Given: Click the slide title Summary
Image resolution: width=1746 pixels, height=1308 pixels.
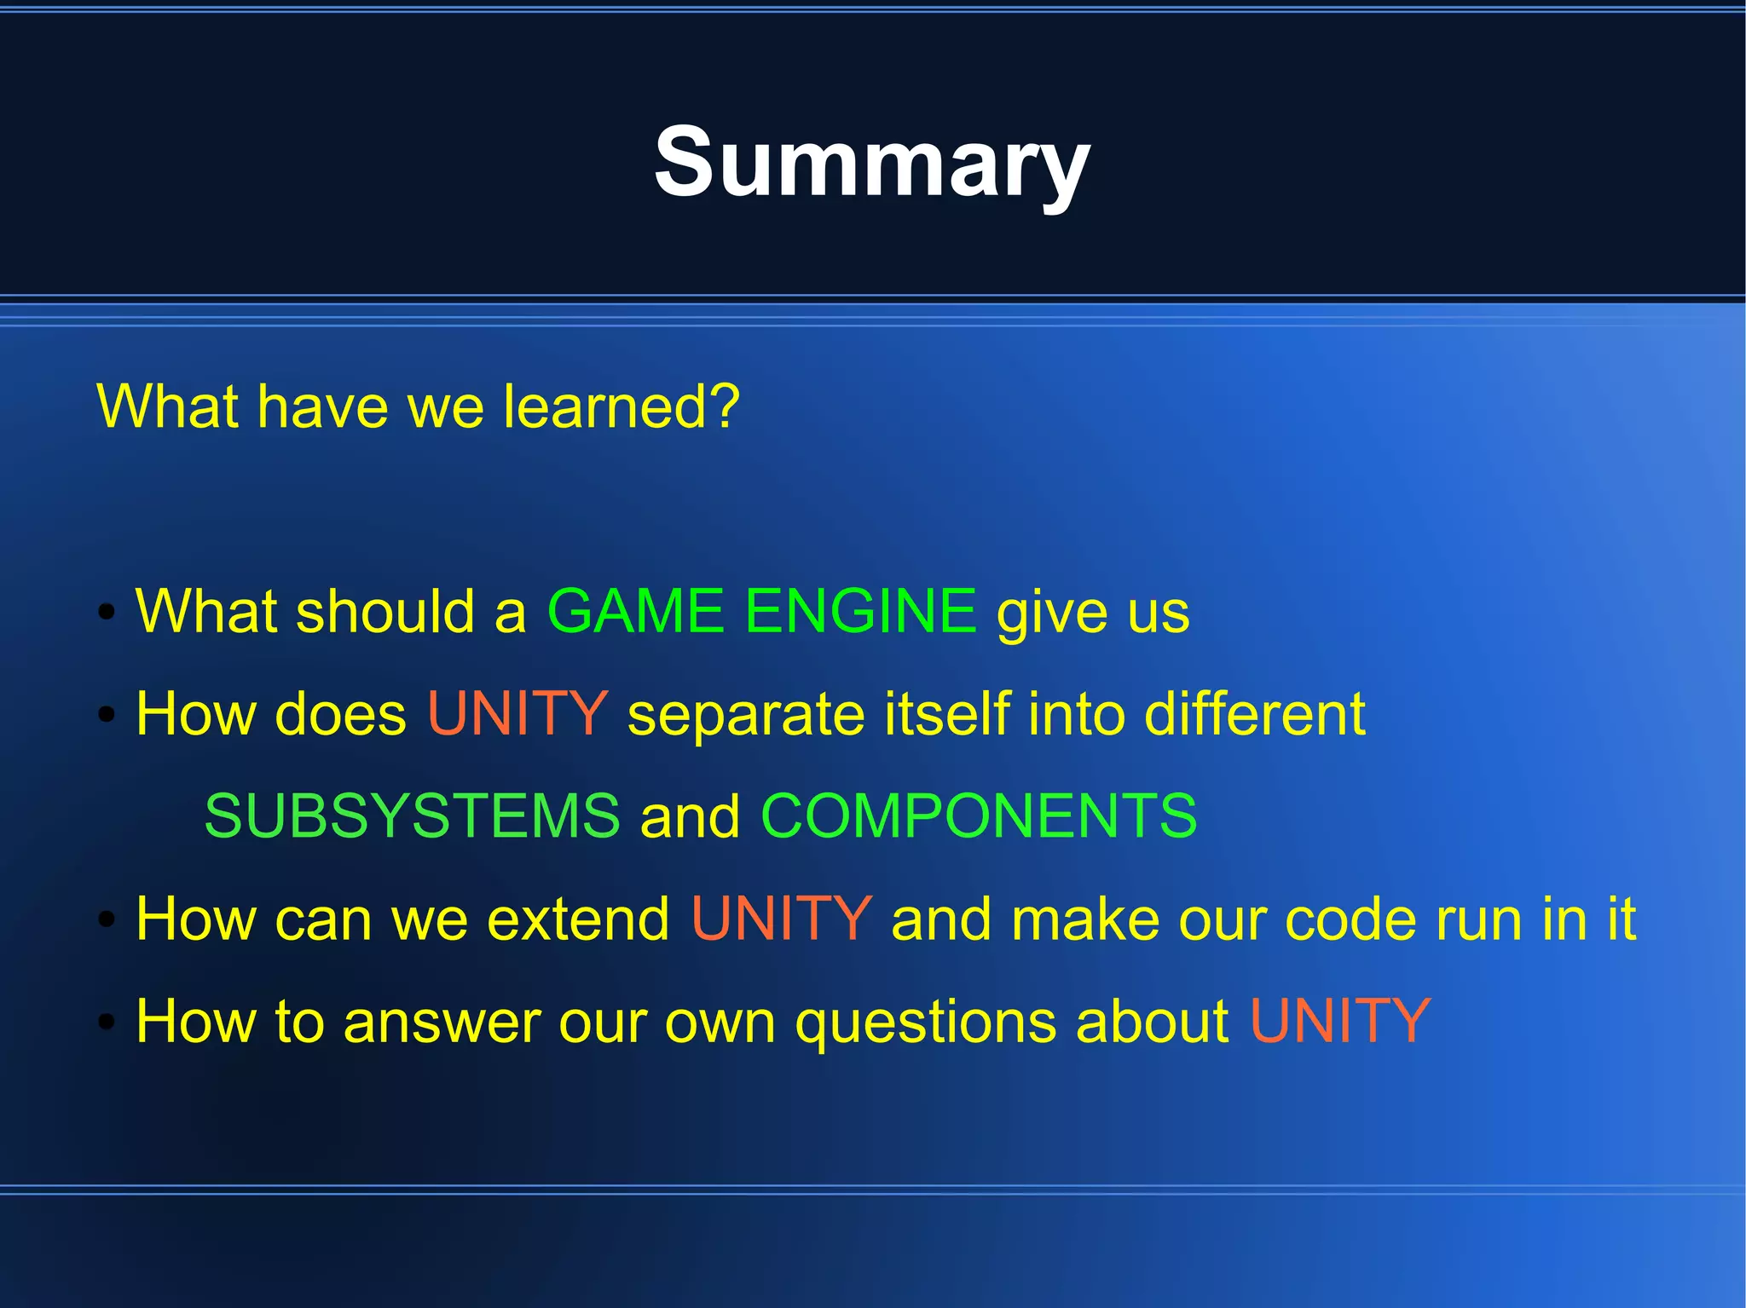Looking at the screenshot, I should pyautogui.click(x=872, y=162).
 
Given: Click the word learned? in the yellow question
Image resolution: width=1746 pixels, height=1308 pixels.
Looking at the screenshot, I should pyautogui.click(x=621, y=406).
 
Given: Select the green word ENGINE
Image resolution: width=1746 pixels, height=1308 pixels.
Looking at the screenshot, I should pyautogui.click(x=860, y=611).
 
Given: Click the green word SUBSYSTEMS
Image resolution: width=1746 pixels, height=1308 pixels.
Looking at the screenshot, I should pyautogui.click(x=413, y=815).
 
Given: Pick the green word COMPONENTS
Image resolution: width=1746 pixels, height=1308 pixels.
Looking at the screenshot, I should pyautogui.click(x=979, y=815).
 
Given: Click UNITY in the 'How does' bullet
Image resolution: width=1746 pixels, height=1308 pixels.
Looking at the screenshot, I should pyautogui.click(x=517, y=713).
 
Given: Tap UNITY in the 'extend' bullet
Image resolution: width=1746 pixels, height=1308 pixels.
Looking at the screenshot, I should pyautogui.click(x=781, y=919).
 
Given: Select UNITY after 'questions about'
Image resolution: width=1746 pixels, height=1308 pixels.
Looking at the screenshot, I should pyautogui.click(x=1339, y=1021).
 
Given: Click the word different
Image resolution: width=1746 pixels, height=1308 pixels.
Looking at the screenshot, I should pyautogui.click(x=1254, y=713).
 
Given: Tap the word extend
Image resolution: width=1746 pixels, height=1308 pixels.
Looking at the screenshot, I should pyautogui.click(x=578, y=919).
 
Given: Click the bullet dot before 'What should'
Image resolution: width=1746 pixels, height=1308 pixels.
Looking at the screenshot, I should pyautogui.click(x=107, y=613).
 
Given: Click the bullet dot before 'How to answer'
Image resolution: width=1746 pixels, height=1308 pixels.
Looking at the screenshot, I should pyautogui.click(x=107, y=1022).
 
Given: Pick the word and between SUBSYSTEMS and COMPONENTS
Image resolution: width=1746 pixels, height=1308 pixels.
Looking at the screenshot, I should pyautogui.click(x=690, y=815).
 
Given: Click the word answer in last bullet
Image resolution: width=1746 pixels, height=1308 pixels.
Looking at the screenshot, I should pyautogui.click(x=442, y=1023).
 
